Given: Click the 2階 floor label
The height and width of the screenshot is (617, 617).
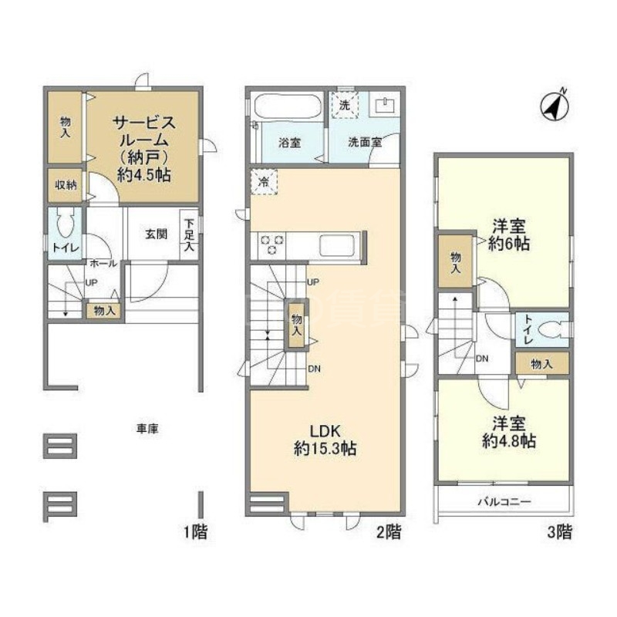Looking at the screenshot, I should coord(388,531).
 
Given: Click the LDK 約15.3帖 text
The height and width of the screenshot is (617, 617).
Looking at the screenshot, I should coord(325,440).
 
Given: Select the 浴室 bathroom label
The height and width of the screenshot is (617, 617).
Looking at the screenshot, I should coord(289,143).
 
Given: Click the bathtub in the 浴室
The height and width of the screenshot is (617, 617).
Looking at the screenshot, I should coord(285,106).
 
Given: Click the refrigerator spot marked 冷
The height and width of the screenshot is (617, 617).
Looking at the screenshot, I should coord(263,182).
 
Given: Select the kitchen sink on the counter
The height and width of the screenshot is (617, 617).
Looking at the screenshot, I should coord(337,246).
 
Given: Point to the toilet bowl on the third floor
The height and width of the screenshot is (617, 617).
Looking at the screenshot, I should coord(551,330).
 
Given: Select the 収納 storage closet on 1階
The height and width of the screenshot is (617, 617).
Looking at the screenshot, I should coord(64,186).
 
